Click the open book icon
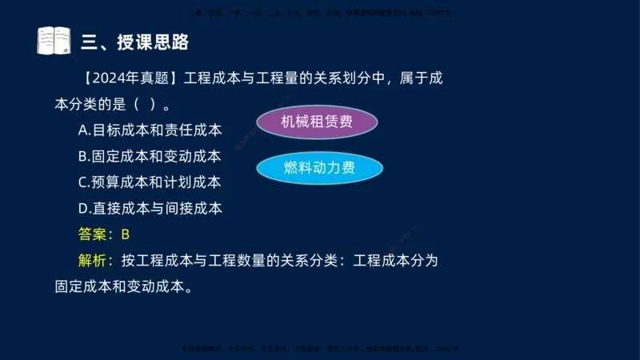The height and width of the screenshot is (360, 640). tap(54, 40)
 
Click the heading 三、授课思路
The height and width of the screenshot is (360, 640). tap(135, 41)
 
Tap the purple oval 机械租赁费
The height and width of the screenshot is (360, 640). tap(317, 122)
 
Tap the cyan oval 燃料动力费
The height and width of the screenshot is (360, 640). tap(319, 168)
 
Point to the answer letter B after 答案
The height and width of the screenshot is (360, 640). tap(125, 234)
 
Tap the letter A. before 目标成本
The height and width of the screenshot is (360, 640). tap(84, 130)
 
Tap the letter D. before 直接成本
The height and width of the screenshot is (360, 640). tap(84, 209)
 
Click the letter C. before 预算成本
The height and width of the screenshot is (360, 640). tap(84, 182)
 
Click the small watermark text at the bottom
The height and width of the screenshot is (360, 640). tap(320, 350)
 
